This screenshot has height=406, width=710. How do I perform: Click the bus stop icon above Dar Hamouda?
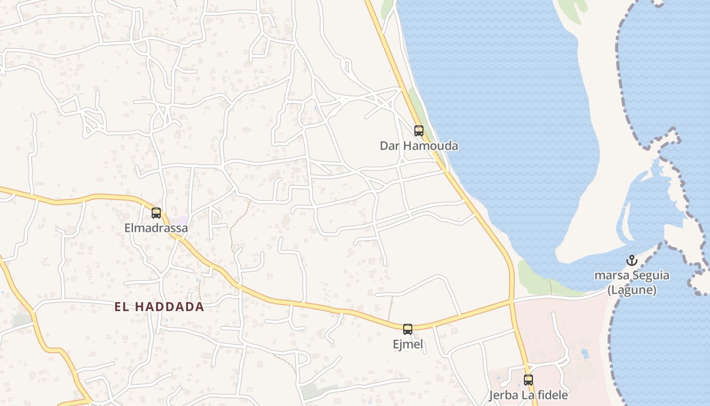pyautogui.click(x=418, y=131)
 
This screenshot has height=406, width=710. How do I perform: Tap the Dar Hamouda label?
pyautogui.click(x=419, y=146)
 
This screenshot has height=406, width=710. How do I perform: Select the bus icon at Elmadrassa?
pyautogui.click(x=156, y=213)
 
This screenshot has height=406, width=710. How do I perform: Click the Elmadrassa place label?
pyautogui.click(x=156, y=228)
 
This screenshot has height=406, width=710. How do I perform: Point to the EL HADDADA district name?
pyautogui.click(x=159, y=307)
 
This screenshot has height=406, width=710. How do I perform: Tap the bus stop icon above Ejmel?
pyautogui.click(x=408, y=329)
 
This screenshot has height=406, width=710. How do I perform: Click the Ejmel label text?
pyautogui.click(x=408, y=344)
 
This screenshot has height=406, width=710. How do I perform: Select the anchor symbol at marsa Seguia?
pyautogui.click(x=631, y=261)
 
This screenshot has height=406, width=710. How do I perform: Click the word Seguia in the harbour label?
pyautogui.click(x=649, y=276)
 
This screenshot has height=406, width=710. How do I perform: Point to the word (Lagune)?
pyautogui.click(x=632, y=290)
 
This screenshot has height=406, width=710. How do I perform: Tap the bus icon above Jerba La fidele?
pyautogui.click(x=528, y=380)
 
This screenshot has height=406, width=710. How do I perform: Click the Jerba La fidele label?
pyautogui.click(x=528, y=395)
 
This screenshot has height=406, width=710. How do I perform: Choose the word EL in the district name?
pyautogui.click(x=121, y=307)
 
